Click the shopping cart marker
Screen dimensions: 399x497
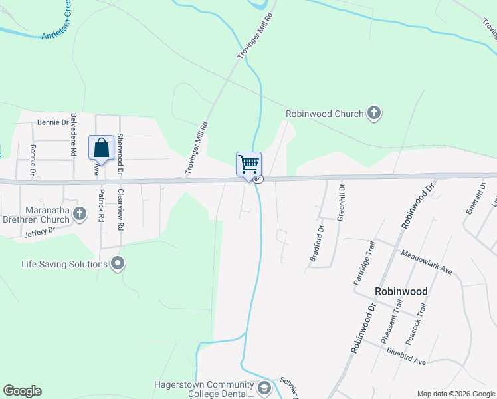click(249, 164)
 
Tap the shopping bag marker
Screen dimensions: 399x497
click(101, 147)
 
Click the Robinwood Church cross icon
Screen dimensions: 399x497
click(374, 113)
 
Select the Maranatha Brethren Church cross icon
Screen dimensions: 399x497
click(80, 213)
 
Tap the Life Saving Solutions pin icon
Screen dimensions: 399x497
click(118, 264)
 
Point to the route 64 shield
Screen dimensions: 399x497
click(258, 180)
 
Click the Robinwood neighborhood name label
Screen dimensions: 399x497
click(401, 291)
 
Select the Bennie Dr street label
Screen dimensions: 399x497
click(52, 122)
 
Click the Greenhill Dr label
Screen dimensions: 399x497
click(340, 201)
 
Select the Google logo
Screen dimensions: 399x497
click(22, 391)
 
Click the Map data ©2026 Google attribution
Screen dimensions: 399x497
click(456, 394)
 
